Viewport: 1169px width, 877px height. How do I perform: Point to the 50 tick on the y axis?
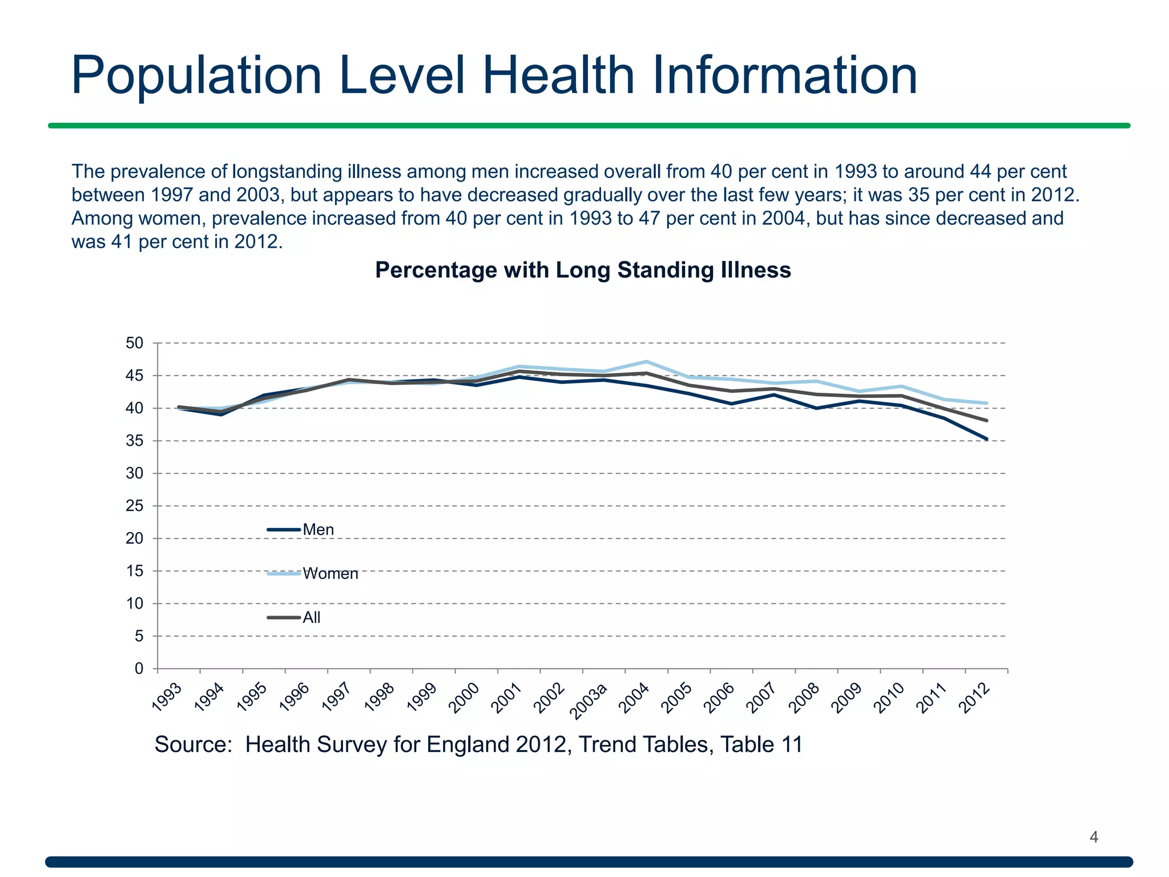(134, 343)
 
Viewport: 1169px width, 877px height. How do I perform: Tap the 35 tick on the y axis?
(134, 441)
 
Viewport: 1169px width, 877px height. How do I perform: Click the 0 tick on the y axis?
(139, 669)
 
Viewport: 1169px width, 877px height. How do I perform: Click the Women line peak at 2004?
(646, 361)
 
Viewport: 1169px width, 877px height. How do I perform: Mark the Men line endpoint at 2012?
(986, 439)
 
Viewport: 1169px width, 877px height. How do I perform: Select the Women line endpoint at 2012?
(986, 403)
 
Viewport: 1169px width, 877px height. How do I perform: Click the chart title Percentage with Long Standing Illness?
(583, 270)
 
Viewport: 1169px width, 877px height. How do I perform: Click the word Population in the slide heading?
(196, 75)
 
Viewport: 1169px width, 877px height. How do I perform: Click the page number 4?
(1094, 837)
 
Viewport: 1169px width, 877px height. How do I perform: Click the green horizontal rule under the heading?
(588, 126)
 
